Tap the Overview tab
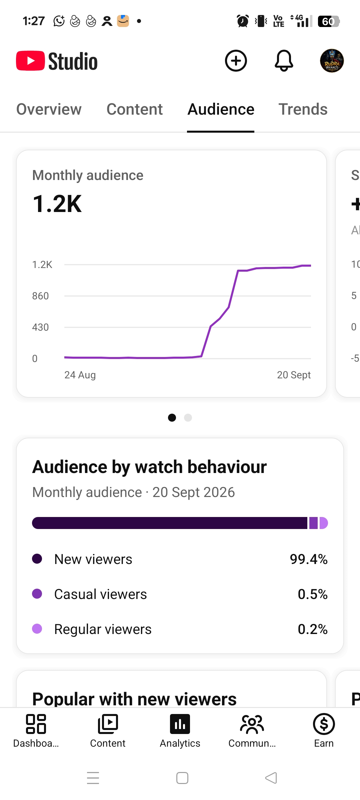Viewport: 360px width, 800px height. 49,109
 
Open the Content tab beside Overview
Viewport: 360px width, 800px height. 135,109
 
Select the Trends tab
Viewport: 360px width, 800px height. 303,109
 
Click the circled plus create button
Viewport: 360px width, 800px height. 236,61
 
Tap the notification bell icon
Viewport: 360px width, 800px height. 284,61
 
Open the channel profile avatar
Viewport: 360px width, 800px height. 332,61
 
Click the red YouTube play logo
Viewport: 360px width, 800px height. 30,61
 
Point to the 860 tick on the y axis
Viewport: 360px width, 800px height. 40,296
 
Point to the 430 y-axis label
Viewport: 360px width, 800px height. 40,327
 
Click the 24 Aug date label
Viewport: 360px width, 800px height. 80,375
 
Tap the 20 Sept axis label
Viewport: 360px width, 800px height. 294,375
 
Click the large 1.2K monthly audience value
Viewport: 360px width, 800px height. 57,204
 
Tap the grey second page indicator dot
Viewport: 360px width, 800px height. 188,418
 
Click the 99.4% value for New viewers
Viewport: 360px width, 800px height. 309,559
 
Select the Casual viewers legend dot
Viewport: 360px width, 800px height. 37,594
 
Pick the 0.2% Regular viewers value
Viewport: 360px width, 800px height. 313,629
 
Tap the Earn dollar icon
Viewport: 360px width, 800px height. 324,724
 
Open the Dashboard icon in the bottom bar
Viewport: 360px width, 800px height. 36,724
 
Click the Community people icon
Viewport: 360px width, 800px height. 252,724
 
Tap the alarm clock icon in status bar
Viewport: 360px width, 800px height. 243,21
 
